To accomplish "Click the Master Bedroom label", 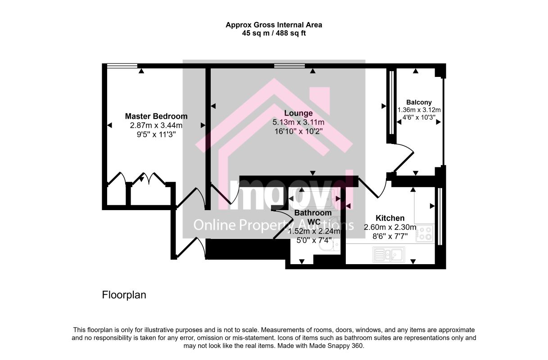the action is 156,116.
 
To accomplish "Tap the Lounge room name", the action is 298,113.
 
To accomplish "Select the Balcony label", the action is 419,102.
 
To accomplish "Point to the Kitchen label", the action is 390,218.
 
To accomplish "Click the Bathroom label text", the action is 313,212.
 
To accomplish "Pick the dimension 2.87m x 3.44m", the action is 156,126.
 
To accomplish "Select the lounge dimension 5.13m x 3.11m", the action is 298,122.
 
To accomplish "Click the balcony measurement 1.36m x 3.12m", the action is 419,110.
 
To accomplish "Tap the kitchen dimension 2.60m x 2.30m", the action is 390,227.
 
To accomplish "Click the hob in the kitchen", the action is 425,233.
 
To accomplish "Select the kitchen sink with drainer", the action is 389,255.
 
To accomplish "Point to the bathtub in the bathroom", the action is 314,199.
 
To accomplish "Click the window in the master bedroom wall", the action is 122,66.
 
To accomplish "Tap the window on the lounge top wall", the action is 290,66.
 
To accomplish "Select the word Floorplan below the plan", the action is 124,295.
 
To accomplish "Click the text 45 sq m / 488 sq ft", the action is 274,33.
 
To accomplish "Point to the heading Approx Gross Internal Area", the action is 274,25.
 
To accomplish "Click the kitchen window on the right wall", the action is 440,216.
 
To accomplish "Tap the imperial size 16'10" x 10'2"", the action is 298,131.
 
